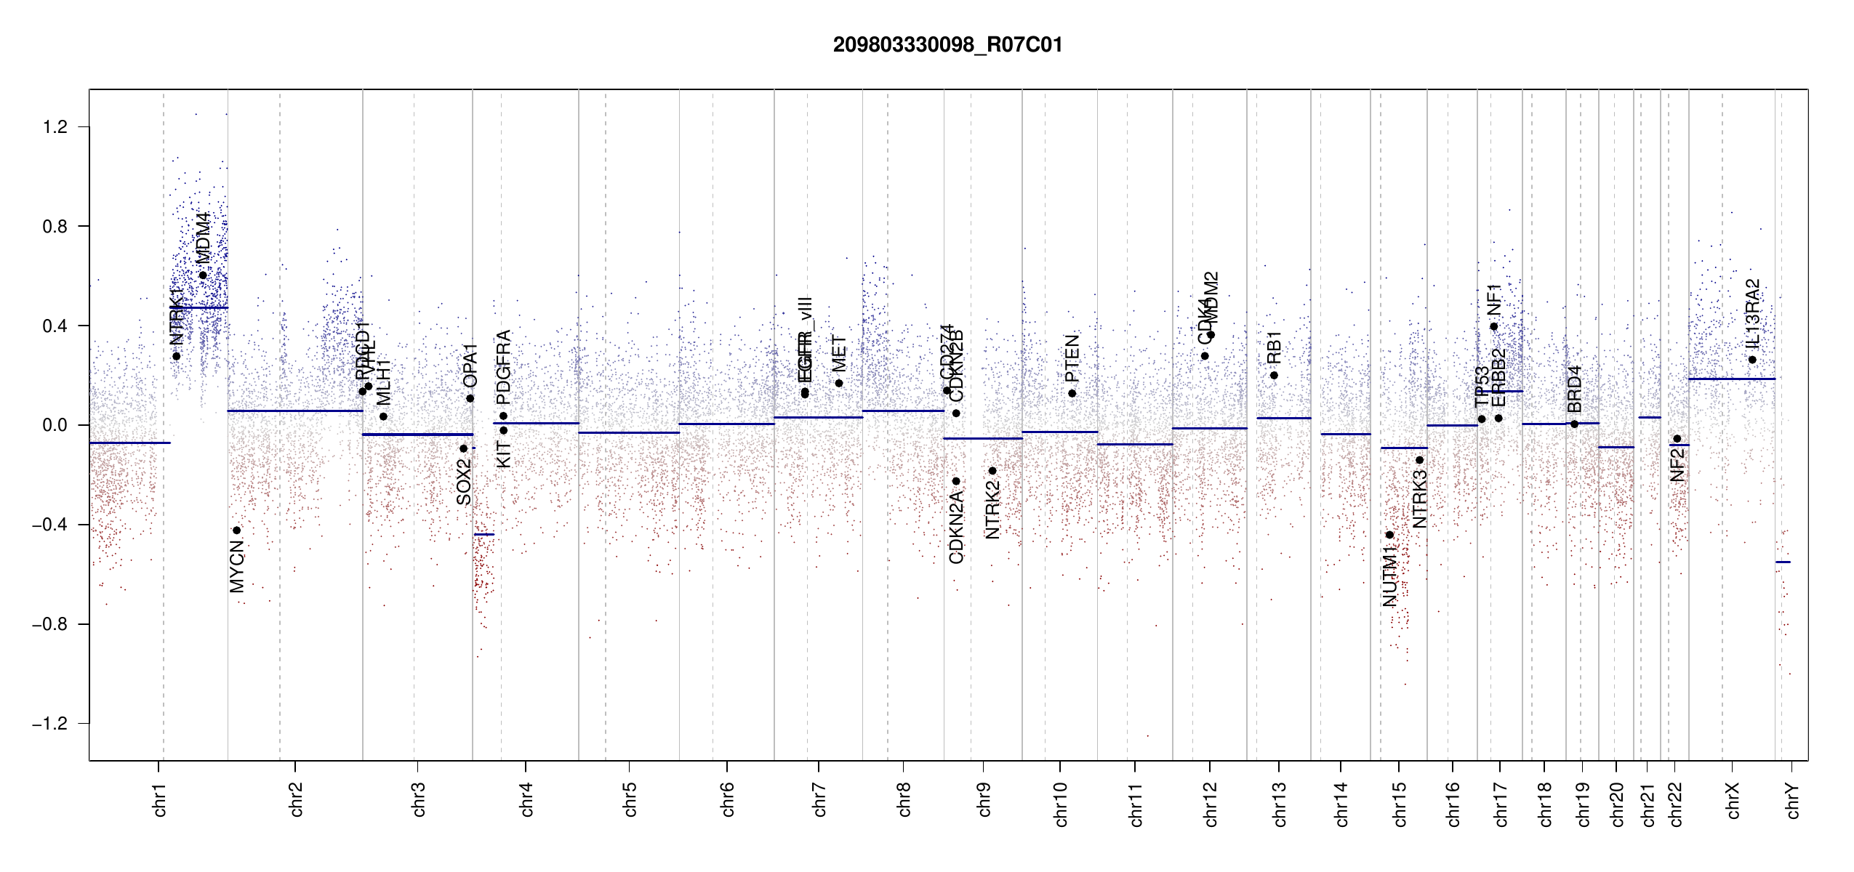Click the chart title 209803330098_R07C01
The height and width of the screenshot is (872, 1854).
(947, 45)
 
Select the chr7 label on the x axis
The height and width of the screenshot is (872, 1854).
(819, 799)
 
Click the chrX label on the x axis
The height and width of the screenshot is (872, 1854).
(1733, 800)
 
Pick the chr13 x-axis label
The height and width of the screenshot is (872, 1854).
(1279, 804)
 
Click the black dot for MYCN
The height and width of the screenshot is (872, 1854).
(236, 530)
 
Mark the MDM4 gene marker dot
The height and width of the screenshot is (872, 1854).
(203, 275)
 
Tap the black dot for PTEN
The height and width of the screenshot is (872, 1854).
(1072, 394)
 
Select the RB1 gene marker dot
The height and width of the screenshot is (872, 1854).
(1274, 376)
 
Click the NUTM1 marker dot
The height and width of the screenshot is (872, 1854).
(1389, 535)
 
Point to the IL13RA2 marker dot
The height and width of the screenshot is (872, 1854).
(1752, 360)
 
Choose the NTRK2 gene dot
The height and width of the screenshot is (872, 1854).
(992, 471)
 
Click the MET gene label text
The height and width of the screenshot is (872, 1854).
(839, 354)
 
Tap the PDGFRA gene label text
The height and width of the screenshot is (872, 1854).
(503, 367)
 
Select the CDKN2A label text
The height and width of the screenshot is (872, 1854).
(956, 528)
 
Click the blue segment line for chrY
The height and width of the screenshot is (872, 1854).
(1783, 562)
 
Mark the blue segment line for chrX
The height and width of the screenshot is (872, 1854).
(1731, 379)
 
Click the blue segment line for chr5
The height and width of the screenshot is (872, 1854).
(629, 433)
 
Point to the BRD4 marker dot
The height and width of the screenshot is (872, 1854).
(1574, 424)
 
